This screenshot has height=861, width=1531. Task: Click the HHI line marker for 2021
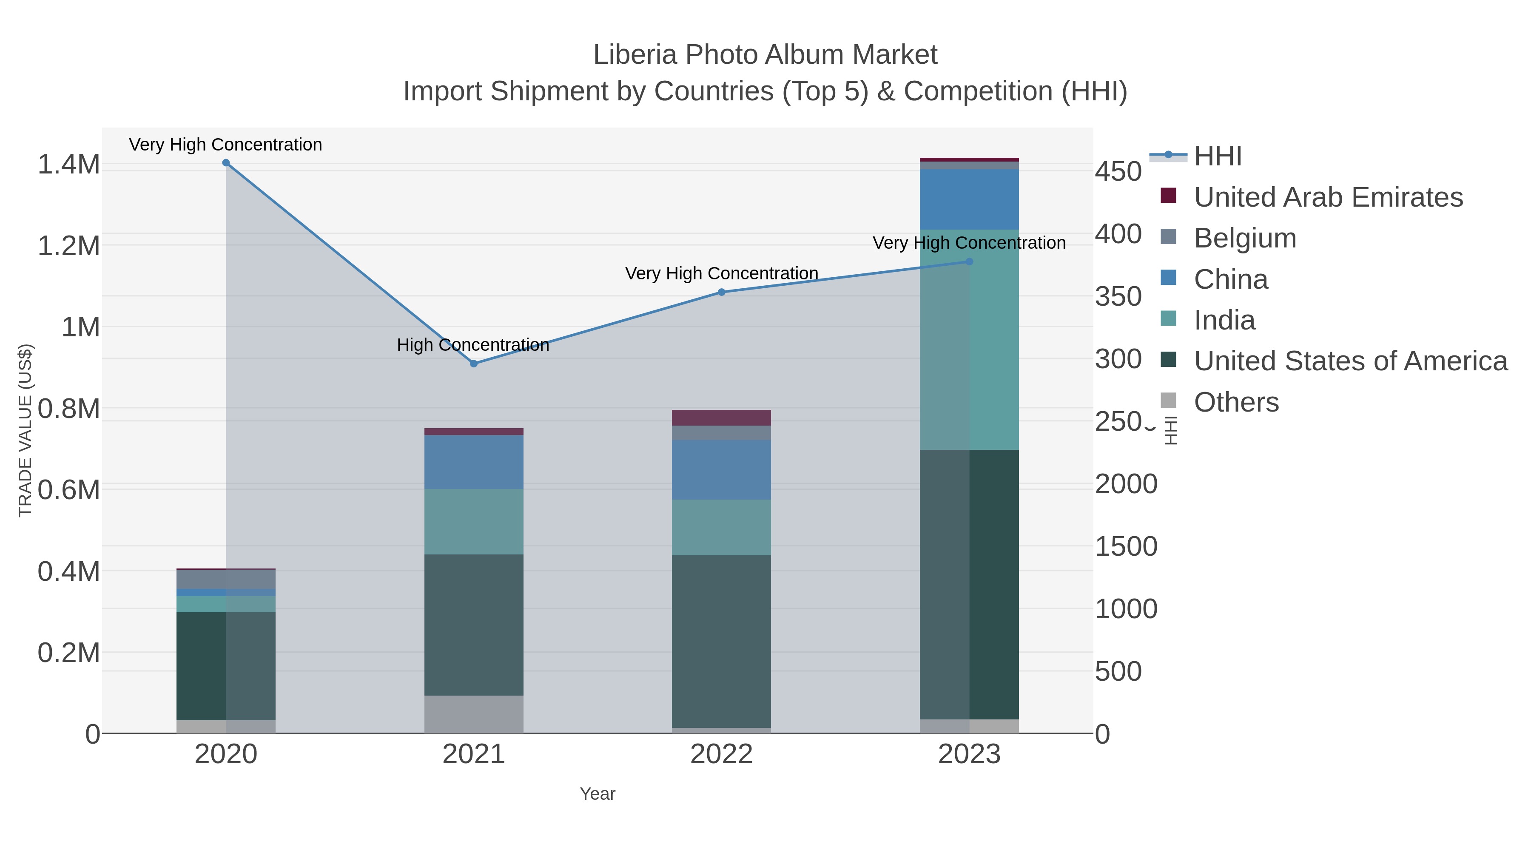tap(474, 364)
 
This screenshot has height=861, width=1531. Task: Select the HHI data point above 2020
tap(226, 163)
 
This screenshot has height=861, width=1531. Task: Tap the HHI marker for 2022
tap(722, 293)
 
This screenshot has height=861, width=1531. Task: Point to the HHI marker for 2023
tap(969, 261)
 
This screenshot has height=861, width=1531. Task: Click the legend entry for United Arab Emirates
tap(1328, 197)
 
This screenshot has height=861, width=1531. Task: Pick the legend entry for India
tap(1224, 320)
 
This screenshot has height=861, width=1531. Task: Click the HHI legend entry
tap(1217, 156)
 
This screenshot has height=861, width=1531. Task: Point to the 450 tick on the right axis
tap(1118, 172)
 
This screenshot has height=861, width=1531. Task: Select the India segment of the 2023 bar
tap(969, 340)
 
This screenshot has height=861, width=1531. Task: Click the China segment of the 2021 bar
tap(474, 462)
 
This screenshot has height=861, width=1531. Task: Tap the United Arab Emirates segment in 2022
tap(722, 418)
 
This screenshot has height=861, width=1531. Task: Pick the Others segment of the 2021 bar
tap(474, 714)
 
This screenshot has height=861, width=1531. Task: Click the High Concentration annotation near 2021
tap(472, 345)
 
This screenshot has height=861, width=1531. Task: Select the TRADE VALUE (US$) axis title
tap(25, 430)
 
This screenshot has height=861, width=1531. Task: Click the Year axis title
tap(598, 794)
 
